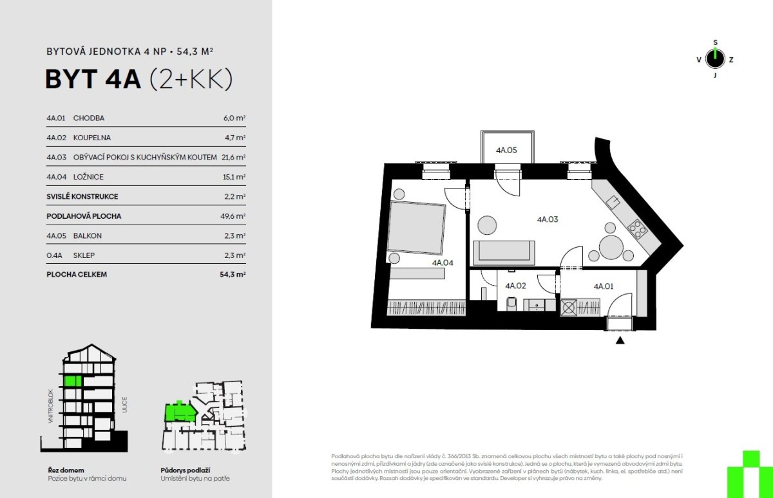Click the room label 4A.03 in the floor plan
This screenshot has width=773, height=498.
(548, 219)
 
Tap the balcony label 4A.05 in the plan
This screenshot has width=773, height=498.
(506, 150)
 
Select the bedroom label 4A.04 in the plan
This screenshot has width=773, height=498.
(443, 263)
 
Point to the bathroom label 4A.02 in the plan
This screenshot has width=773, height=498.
(515, 286)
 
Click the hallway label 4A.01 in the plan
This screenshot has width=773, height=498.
(603, 286)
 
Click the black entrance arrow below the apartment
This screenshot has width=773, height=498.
(620, 340)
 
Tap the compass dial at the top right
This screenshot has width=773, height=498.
(716, 59)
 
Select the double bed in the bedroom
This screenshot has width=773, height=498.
(416, 228)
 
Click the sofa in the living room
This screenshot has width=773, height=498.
(504, 253)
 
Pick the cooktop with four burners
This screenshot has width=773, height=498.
(637, 229)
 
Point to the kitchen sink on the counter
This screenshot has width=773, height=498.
(613, 201)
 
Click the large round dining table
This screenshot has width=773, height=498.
(611, 247)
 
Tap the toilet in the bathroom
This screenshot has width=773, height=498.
(511, 304)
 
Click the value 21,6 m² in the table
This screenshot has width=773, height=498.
(233, 157)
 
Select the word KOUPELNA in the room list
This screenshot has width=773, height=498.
(91, 138)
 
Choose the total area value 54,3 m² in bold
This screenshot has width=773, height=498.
(233, 274)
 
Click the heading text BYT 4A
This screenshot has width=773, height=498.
(93, 79)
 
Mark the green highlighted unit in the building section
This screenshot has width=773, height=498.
(73, 381)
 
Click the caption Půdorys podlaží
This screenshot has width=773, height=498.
(186, 470)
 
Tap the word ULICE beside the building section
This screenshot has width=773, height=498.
(124, 405)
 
